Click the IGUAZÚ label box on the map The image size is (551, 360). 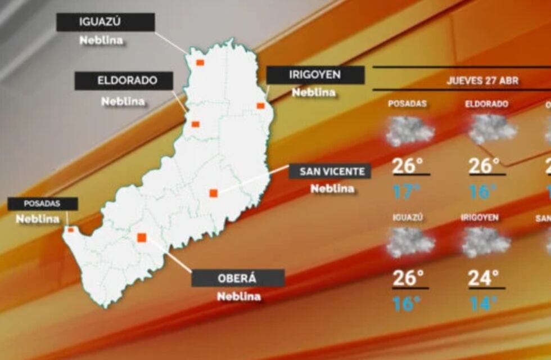105,22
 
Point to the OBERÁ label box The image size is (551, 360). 238,278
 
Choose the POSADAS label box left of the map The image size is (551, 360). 42,204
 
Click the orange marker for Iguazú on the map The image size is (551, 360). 200,62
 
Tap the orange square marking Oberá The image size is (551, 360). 142,238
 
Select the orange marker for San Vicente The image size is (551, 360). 214,193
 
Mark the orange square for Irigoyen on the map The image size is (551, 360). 260,106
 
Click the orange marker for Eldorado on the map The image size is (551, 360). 196,124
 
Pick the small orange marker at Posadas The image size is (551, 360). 70,229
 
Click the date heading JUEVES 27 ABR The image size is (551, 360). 482,80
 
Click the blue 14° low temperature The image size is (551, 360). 483,304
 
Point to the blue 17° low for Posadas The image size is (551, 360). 406,192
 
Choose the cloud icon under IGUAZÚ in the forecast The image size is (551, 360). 410,242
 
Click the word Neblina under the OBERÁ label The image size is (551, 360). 239,296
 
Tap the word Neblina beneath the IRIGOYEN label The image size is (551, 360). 314,93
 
